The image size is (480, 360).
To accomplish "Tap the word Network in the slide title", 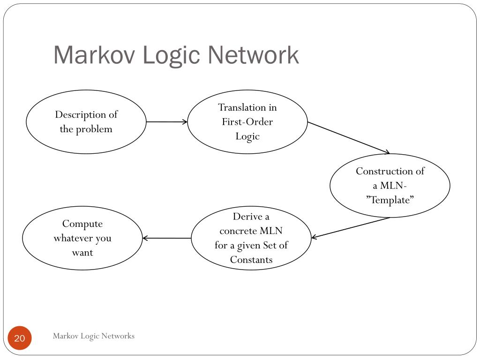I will click(x=254, y=55).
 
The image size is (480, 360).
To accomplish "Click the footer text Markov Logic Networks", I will click(x=93, y=336).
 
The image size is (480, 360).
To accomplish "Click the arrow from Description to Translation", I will click(x=167, y=122).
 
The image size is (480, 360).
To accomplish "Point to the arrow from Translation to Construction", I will click(x=349, y=137).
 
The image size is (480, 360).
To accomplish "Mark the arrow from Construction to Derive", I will click(x=350, y=228).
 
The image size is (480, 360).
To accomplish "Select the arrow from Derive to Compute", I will click(x=167, y=238).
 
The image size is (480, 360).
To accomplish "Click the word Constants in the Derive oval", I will click(x=251, y=260).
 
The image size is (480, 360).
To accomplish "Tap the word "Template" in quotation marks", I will click(x=390, y=200).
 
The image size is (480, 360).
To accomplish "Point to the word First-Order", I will click(x=247, y=122).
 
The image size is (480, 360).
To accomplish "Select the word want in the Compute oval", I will click(x=82, y=253).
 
